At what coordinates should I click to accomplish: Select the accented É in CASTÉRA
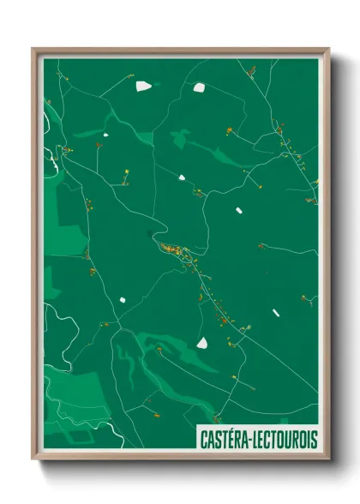(x=230, y=439)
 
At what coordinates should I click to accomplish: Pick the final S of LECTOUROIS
(x=313, y=439)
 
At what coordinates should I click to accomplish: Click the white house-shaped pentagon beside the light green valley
(x=202, y=343)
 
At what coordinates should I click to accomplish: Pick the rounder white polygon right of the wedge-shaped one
(x=199, y=87)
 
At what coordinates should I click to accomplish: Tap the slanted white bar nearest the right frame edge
(x=276, y=313)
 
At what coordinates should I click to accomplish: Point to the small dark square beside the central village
(x=153, y=233)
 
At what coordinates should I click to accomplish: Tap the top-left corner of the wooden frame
(x=33, y=49)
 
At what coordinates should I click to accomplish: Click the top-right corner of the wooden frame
(x=329, y=49)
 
